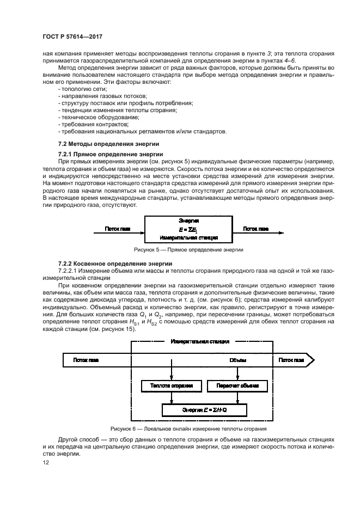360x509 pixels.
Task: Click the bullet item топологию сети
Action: click(x=83, y=89)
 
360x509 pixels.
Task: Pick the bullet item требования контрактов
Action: click(x=93, y=124)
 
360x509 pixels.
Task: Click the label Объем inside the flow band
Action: click(x=237, y=360)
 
